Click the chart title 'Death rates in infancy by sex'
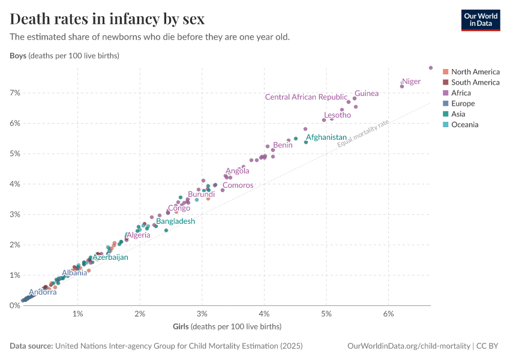pos(107,19)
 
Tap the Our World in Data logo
pos(480,19)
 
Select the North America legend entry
pos(475,72)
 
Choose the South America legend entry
pos(475,82)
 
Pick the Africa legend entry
pos(461,93)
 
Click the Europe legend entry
pos(462,103)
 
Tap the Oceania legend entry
pos(464,124)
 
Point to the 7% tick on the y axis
pos(14,93)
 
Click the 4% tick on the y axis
pos(14,184)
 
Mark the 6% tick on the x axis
pos(388,314)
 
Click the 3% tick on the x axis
pos(202,314)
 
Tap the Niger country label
pos(411,82)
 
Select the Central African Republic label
pos(306,97)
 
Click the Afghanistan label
pos(326,137)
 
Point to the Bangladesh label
pos(175,221)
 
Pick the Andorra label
pos(43,292)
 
